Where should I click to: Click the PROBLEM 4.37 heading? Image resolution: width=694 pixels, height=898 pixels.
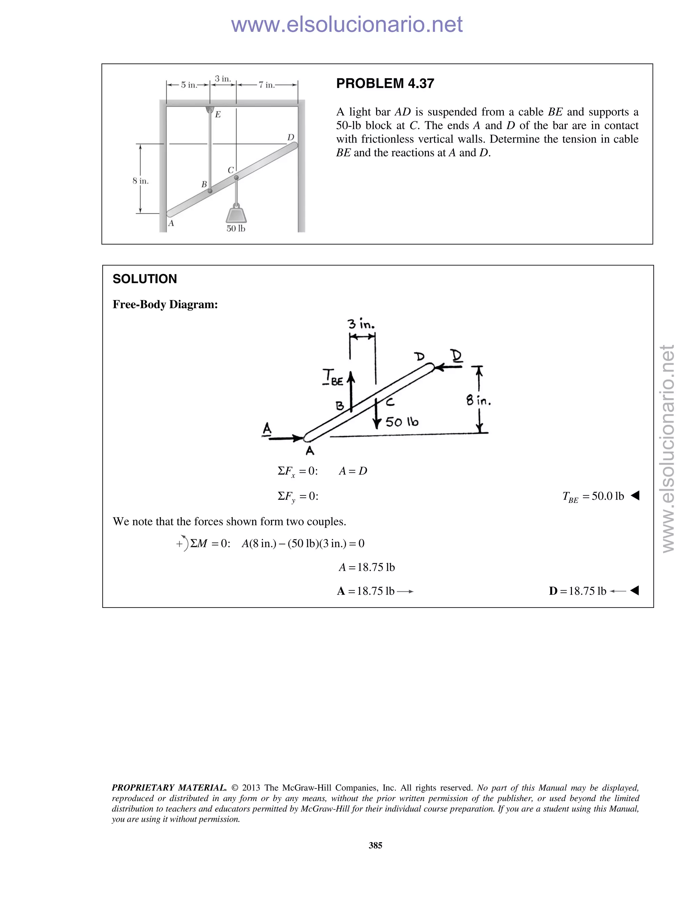[385, 83]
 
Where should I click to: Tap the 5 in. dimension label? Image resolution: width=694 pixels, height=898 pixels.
[189, 85]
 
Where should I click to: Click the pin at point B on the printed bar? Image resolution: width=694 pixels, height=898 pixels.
[210, 191]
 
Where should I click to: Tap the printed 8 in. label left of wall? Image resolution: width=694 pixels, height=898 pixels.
[141, 181]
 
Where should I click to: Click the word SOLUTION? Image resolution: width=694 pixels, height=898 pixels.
[145, 279]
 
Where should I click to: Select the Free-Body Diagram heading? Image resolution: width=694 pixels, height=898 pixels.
[165, 305]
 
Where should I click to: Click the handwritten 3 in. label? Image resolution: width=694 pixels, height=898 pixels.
[361, 324]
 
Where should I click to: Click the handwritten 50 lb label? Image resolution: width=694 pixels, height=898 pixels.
[402, 422]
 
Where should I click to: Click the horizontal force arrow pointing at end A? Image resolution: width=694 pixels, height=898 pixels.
[285, 438]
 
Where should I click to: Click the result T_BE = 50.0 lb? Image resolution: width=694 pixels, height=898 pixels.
[593, 497]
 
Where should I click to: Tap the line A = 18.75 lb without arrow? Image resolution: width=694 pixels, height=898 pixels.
[367, 567]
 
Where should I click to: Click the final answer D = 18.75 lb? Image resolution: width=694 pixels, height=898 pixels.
[578, 591]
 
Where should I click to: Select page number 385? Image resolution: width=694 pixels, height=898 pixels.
[375, 845]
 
